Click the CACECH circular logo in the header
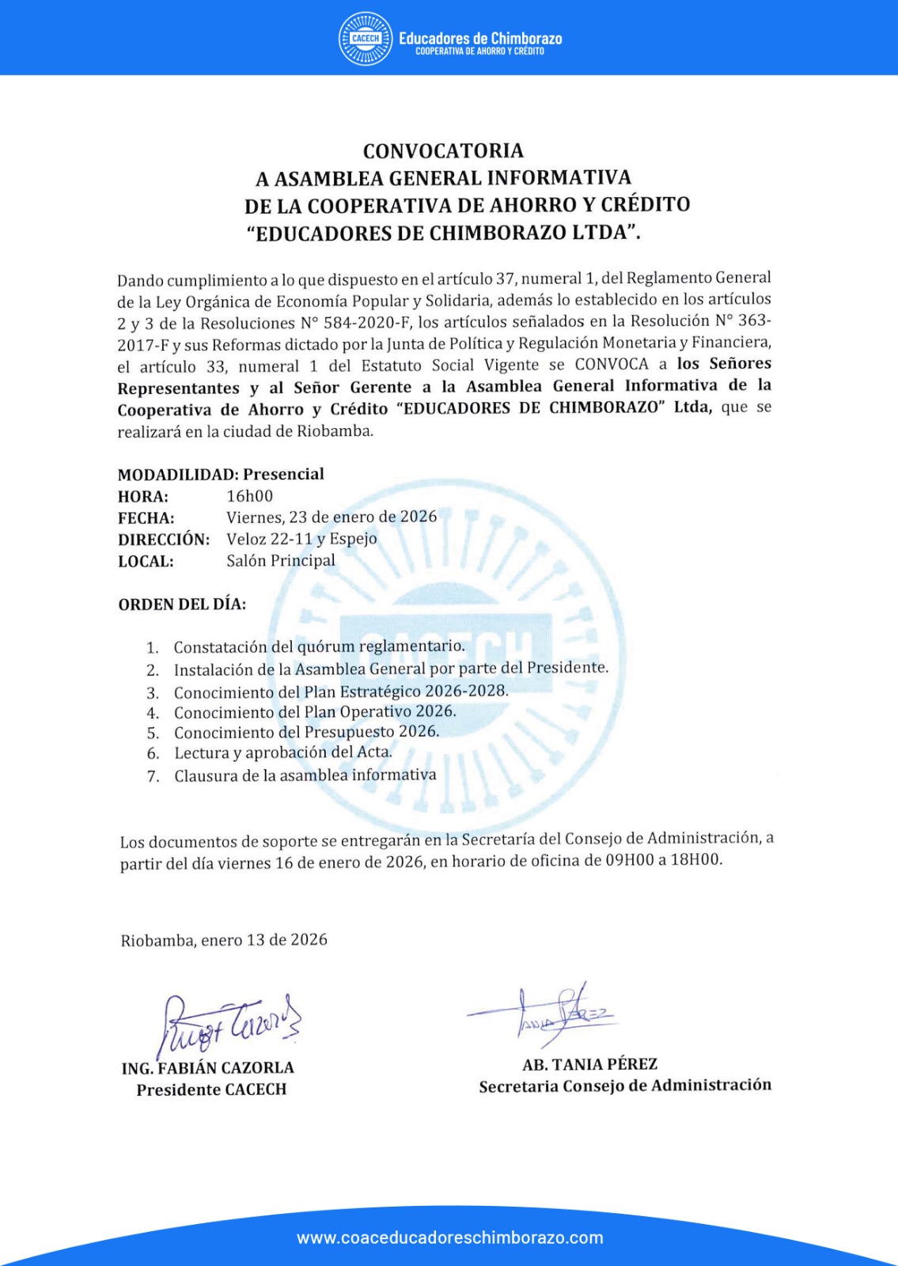(x=366, y=38)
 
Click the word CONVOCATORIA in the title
(x=443, y=150)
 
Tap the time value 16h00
(x=249, y=496)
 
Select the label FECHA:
(x=146, y=518)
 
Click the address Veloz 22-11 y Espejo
(x=301, y=539)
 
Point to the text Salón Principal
(x=281, y=560)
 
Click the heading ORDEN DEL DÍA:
(x=182, y=605)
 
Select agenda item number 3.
(x=340, y=692)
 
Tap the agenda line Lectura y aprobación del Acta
(x=283, y=752)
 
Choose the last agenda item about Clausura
(x=305, y=775)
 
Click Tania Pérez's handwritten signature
(x=554, y=1013)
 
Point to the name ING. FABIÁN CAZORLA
(x=208, y=1068)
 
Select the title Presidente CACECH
(x=211, y=1090)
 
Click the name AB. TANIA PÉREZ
(x=589, y=1064)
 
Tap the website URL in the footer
(x=449, y=1238)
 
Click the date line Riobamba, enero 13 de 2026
(x=224, y=940)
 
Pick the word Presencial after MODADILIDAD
(x=283, y=474)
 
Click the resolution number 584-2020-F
(x=366, y=323)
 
